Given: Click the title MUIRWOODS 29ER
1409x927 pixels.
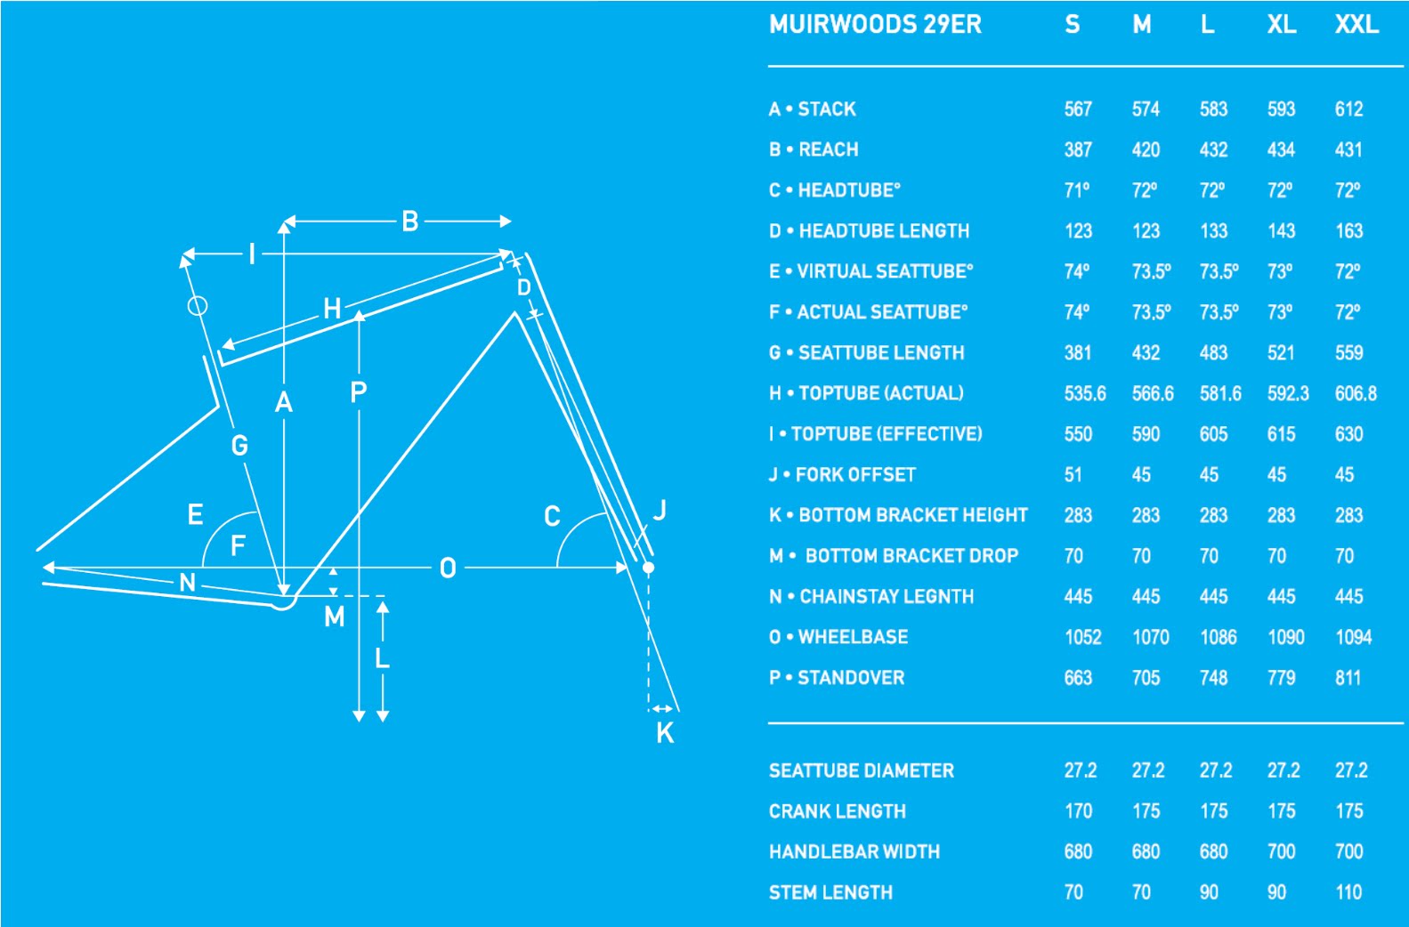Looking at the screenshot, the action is click(875, 24).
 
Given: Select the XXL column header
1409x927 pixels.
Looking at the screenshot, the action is click(1356, 24).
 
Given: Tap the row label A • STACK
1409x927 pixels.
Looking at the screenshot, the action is click(813, 109).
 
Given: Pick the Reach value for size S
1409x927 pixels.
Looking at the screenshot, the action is click(1078, 149).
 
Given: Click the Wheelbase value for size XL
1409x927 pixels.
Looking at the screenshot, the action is click(1285, 637).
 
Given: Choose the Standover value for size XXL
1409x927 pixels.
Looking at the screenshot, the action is click(1348, 678).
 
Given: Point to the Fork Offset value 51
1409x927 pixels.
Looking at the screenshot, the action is click(1073, 475).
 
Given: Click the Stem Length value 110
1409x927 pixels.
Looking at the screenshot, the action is click(1348, 892).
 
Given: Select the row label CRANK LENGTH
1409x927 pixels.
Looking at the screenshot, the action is click(837, 811).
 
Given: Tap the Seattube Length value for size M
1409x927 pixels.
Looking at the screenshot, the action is click(1146, 353).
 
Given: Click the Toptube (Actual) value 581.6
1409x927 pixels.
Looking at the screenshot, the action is click(1219, 393).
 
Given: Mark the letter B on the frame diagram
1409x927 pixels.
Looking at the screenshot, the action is click(410, 222).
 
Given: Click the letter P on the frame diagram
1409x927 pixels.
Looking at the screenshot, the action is click(359, 391).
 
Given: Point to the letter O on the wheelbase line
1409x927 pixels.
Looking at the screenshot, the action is click(448, 568).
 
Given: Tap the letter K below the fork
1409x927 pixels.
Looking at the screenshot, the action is click(665, 733).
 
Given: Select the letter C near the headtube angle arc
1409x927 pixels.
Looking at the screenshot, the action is click(552, 516).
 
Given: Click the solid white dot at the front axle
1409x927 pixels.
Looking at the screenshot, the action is click(648, 568).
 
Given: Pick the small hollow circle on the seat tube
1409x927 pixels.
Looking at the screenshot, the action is click(198, 306).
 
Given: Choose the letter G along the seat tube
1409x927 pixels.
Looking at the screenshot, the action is click(239, 445).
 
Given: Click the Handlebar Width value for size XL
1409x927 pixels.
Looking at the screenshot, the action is click(1281, 852).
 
